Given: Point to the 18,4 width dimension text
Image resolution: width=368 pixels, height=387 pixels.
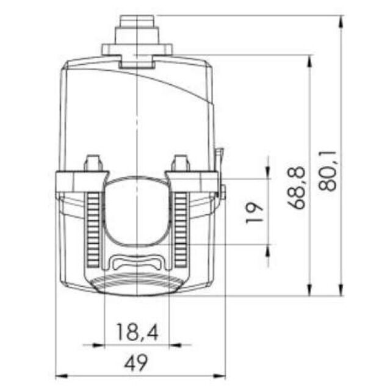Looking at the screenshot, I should pyautogui.click(x=137, y=332).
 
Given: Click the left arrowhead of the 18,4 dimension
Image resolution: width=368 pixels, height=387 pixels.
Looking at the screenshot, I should pyautogui.click(x=99, y=345).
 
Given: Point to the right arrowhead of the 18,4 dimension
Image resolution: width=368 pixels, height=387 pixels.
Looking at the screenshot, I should pyautogui.click(x=175, y=345).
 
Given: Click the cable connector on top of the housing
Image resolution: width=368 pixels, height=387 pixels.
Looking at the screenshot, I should pyautogui.click(x=137, y=40).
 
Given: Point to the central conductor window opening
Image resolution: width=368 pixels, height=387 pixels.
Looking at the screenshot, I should pyautogui.click(x=137, y=211).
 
